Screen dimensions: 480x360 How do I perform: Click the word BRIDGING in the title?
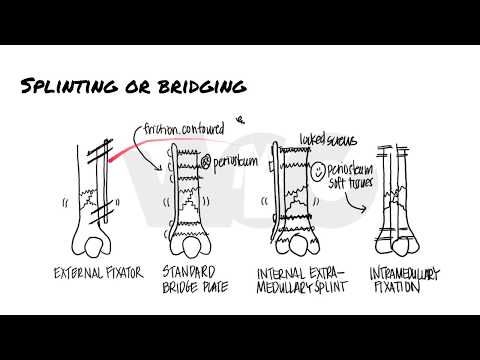(198, 88)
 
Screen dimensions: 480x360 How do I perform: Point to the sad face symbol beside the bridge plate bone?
(206, 159)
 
